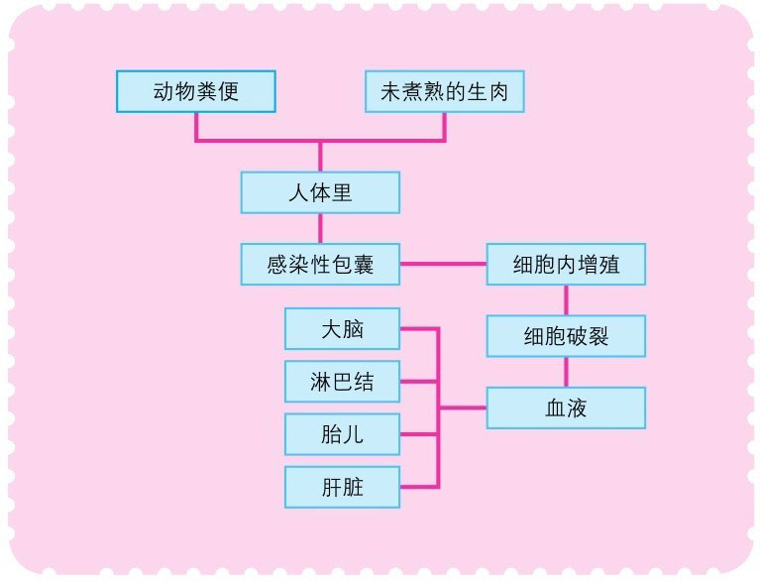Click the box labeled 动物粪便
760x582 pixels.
[196, 92]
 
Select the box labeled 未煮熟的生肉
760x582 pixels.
[444, 92]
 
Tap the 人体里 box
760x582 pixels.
[320, 192]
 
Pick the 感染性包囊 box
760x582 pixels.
[320, 264]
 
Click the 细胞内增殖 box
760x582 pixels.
[566, 264]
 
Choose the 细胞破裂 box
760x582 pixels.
[566, 336]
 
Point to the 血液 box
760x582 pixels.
[566, 407]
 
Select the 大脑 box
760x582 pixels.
[342, 328]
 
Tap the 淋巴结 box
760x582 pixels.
[342, 381]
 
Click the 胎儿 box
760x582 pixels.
[342, 433]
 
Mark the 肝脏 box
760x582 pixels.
[342, 486]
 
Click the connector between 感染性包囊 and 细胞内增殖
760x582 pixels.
[443, 264]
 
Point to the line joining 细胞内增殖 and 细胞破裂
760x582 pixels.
[566, 299]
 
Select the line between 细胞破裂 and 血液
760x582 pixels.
[566, 372]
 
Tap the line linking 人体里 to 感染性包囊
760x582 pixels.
[320, 228]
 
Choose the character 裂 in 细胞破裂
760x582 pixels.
[597, 337]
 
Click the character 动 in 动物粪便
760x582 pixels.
[163, 93]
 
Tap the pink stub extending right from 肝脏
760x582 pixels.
[419, 486]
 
